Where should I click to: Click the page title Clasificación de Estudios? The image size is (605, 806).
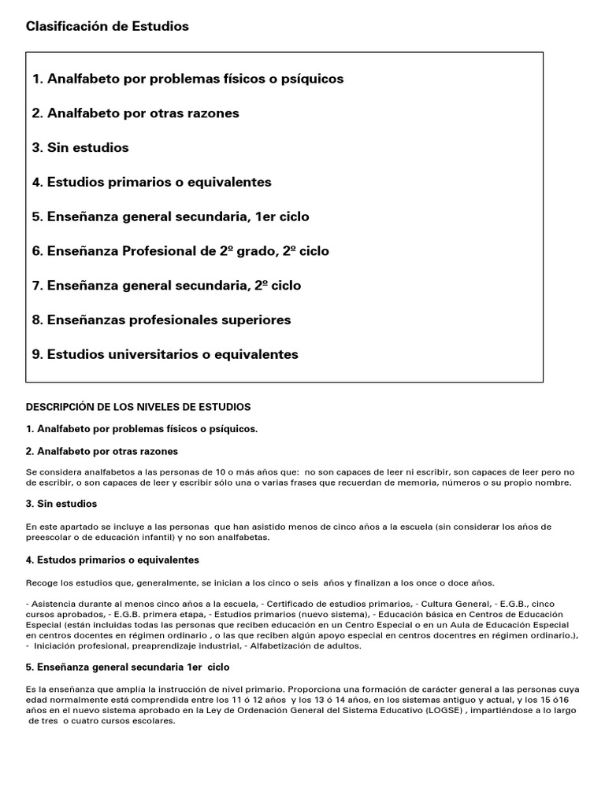click(107, 27)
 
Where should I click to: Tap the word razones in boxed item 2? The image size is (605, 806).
click(213, 113)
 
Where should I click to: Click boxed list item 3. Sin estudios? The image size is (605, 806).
click(80, 148)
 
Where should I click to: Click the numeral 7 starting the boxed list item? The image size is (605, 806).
click(36, 286)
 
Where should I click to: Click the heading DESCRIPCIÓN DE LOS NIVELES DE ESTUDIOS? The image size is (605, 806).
click(139, 407)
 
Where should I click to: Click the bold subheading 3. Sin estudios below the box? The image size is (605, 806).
click(61, 504)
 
